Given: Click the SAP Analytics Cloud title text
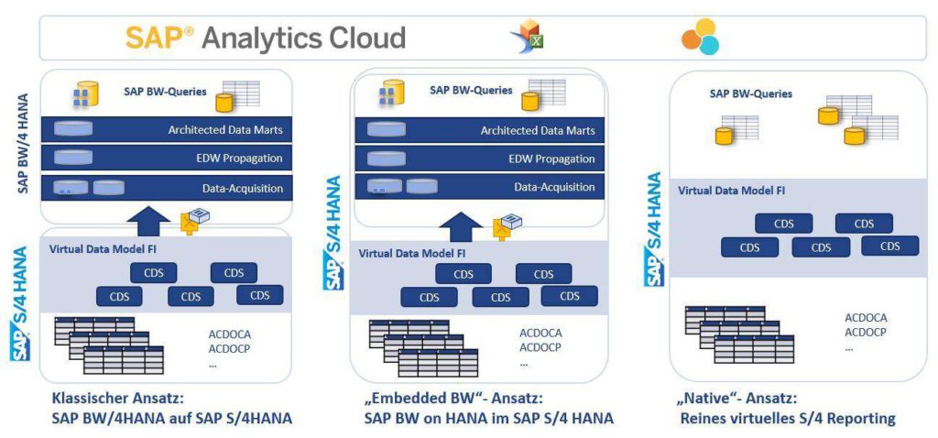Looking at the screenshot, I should (266, 38).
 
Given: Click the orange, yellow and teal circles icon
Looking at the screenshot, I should (700, 37).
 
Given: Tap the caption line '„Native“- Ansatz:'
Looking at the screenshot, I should (736, 400).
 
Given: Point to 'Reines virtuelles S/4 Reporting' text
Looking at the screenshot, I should (787, 420).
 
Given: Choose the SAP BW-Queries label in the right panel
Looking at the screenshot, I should (751, 93).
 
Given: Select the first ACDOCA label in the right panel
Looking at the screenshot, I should (866, 318).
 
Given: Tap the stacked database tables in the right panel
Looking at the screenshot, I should (739, 335).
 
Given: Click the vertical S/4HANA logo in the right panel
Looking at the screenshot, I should (655, 229).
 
